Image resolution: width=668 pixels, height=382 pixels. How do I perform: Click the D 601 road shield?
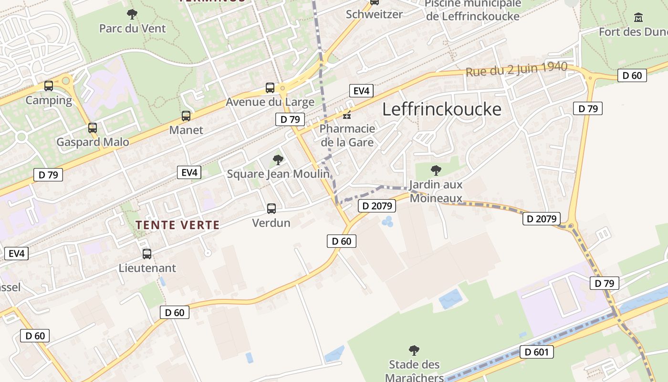point(539,352)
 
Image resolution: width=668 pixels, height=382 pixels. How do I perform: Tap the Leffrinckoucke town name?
point(442,109)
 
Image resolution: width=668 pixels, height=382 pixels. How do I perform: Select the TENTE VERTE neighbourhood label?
point(177,225)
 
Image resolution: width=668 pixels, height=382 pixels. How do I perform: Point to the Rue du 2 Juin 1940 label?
point(516,69)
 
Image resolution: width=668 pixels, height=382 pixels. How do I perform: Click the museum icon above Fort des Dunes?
point(638,18)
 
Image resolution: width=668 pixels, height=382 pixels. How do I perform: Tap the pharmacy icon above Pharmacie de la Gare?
point(347,115)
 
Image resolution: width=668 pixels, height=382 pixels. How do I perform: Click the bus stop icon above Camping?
point(49,86)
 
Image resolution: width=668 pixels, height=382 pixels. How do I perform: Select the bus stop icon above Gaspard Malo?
point(93,128)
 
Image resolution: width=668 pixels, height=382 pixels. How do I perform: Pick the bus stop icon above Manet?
point(186,116)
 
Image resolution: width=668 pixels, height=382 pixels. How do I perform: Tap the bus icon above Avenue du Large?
point(270,88)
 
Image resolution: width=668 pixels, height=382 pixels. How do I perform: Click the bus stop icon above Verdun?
point(271,209)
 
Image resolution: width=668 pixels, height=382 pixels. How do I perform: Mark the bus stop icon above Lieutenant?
point(147,254)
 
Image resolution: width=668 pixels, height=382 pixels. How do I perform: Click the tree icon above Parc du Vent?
point(132,14)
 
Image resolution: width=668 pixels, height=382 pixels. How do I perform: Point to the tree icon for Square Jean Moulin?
point(278,160)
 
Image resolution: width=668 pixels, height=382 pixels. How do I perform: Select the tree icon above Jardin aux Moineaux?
point(436,170)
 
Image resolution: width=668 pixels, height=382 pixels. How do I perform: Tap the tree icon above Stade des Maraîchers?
point(414,350)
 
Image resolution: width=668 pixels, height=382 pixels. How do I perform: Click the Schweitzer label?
point(374,14)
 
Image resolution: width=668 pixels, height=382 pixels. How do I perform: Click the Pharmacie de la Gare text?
point(347,135)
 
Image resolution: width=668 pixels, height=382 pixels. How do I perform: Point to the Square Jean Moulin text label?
point(278,174)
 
